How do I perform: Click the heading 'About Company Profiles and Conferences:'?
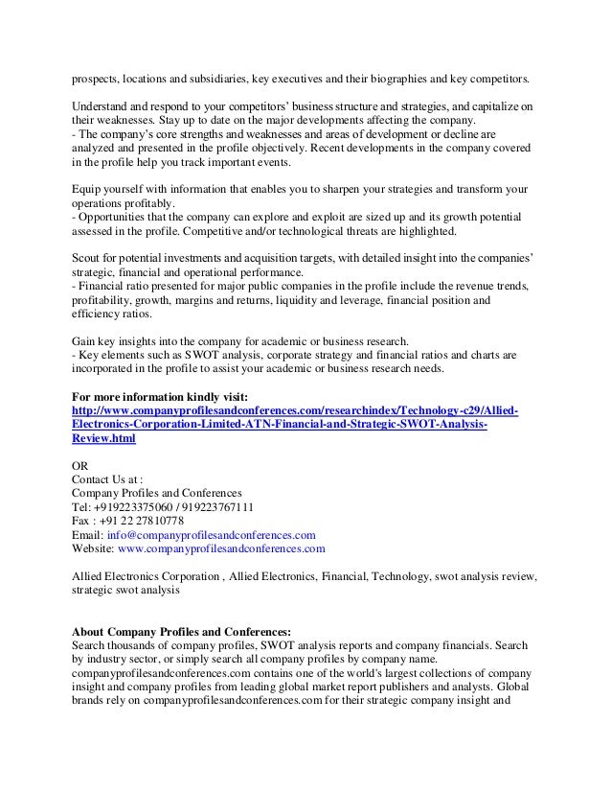pyautogui.click(x=182, y=633)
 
